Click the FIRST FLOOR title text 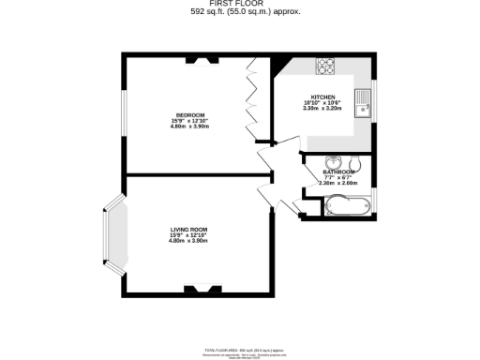(239, 5)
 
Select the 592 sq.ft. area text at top (239, 13)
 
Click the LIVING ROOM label (188, 230)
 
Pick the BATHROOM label (338, 172)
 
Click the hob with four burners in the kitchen (327, 66)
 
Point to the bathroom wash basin (335, 160)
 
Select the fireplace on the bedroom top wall (202, 61)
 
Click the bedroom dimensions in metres (188, 126)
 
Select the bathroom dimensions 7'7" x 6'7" (338, 178)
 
